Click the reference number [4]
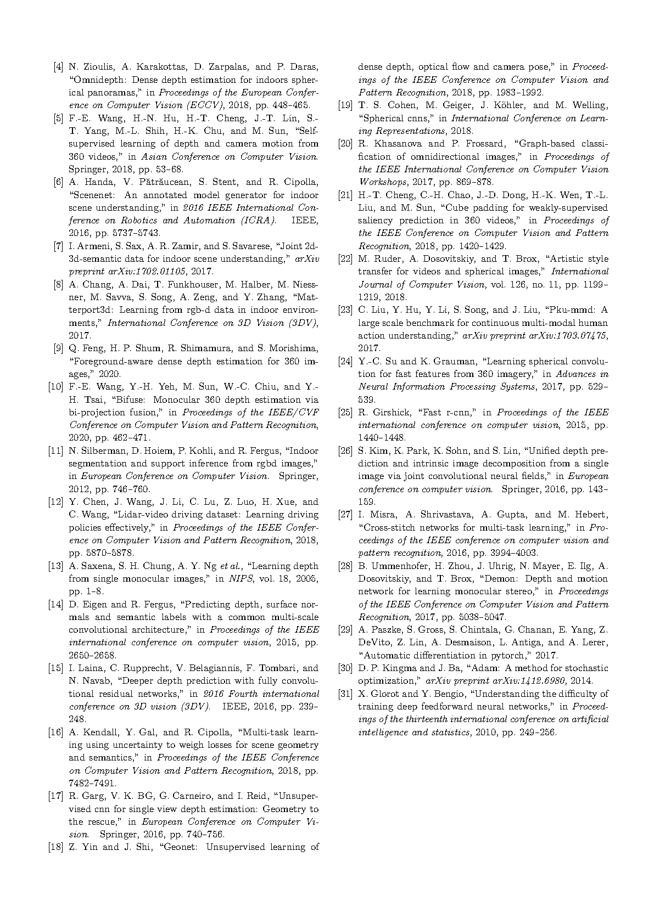[57, 67]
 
